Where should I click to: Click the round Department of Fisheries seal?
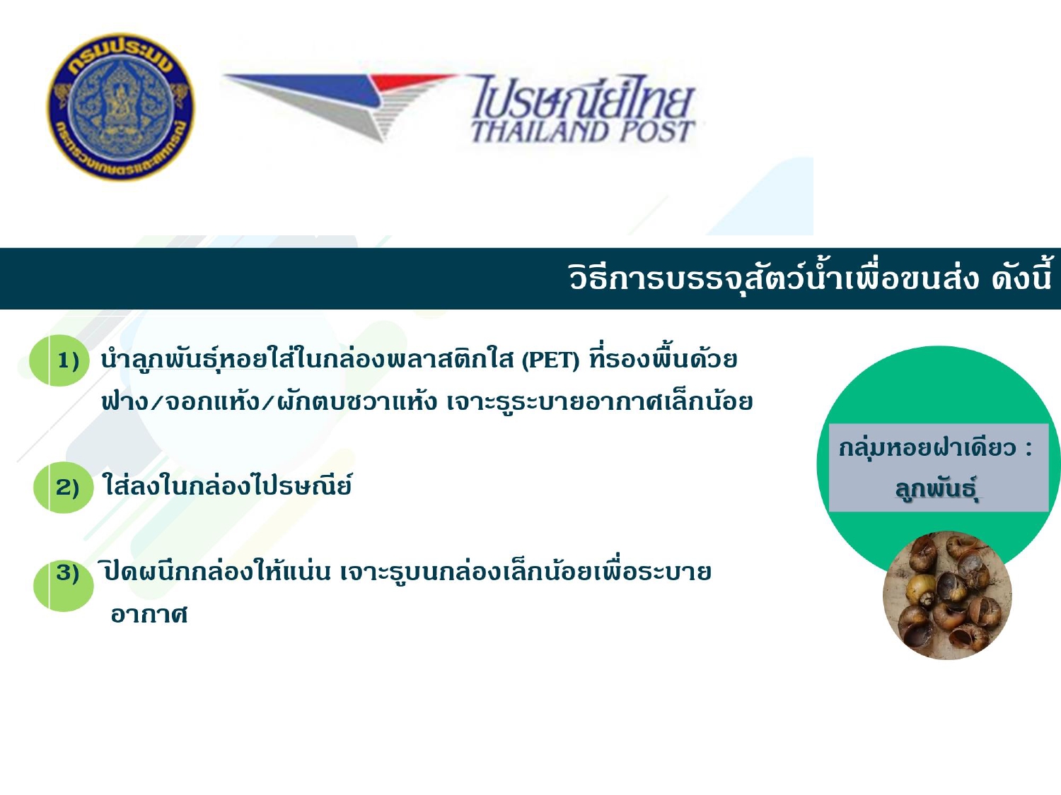(121, 107)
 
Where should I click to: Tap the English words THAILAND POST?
(582, 131)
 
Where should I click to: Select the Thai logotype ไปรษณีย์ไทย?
(583, 97)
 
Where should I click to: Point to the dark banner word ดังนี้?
(1021, 278)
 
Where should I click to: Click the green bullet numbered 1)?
(59, 360)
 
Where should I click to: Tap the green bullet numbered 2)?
(63, 488)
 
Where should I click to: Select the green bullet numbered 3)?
(63, 584)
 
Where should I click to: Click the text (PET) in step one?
(550, 360)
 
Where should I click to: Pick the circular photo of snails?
(947, 595)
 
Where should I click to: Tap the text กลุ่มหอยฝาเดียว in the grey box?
(927, 447)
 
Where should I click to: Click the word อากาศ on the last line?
(149, 615)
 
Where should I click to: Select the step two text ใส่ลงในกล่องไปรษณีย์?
(227, 485)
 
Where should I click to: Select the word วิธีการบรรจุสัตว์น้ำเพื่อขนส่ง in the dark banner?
(774, 278)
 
